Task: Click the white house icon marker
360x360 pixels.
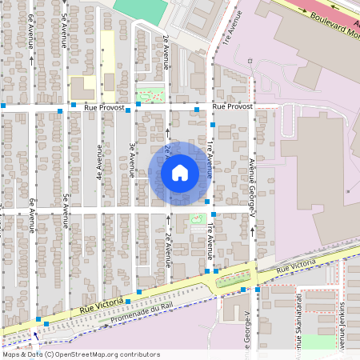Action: [x=180, y=173]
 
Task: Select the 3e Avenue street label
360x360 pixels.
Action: [x=132, y=159]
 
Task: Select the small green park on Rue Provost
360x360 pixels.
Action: [x=148, y=95]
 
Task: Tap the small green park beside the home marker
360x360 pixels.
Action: [x=197, y=218]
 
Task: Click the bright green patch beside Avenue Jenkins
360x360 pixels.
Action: [x=318, y=342]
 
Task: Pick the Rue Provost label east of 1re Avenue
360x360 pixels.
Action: [x=233, y=106]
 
